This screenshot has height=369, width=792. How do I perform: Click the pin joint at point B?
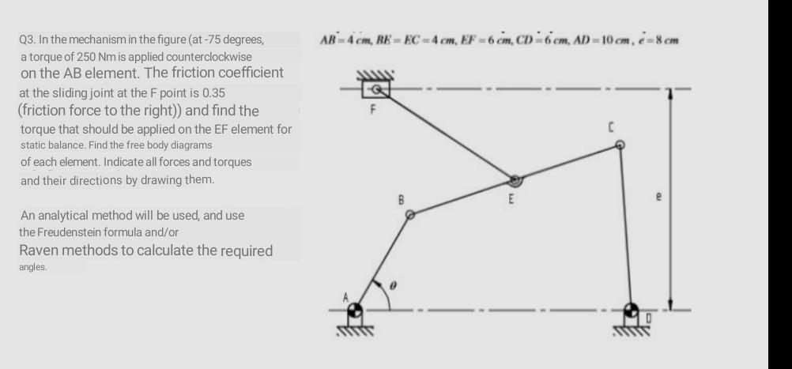[x=409, y=213]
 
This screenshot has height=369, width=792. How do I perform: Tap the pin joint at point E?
[x=515, y=181]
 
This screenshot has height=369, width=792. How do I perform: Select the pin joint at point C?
[x=620, y=145]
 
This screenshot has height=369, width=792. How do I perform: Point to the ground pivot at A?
[x=356, y=310]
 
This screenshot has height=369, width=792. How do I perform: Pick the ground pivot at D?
[x=632, y=310]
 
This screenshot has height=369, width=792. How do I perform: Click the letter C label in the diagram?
[x=609, y=126]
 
